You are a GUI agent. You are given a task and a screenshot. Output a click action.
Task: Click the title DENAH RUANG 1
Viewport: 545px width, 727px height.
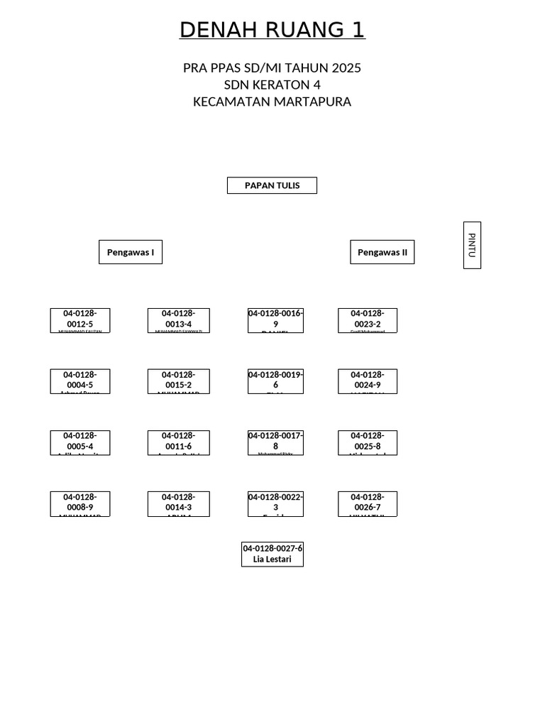(272, 30)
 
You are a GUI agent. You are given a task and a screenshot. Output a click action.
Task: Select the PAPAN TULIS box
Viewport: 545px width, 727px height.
(272, 185)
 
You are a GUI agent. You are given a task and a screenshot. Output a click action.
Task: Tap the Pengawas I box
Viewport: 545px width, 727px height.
(131, 252)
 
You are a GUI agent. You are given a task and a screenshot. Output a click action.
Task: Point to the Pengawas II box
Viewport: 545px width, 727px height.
(382, 252)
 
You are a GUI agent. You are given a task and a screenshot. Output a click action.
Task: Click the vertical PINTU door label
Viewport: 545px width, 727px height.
(472, 245)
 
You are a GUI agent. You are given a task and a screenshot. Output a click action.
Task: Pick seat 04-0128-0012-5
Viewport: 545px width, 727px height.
(80, 320)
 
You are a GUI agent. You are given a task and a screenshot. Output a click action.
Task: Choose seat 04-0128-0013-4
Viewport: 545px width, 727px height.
(179, 320)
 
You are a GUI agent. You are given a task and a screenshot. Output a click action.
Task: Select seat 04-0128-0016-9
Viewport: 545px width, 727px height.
(275, 320)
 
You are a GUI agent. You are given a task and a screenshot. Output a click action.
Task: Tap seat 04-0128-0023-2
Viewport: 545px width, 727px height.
(368, 320)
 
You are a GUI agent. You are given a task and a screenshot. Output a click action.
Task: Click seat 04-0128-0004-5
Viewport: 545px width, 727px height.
(80, 381)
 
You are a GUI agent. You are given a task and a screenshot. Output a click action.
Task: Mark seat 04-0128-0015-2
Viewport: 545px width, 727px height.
(179, 381)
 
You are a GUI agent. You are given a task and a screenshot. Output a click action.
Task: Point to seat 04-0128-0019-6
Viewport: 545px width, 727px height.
(275, 381)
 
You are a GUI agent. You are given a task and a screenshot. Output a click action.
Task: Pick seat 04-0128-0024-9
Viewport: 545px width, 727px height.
(368, 381)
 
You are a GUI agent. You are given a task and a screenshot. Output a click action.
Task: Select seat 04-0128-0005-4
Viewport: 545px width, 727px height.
(80, 442)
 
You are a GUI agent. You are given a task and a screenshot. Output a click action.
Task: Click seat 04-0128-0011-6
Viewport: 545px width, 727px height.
(179, 442)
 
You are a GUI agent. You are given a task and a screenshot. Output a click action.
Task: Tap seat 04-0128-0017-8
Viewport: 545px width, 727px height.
(275, 442)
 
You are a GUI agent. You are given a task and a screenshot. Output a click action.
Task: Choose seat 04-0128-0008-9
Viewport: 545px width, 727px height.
(80, 503)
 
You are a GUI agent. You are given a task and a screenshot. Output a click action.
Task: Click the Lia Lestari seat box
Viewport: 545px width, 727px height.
(272, 554)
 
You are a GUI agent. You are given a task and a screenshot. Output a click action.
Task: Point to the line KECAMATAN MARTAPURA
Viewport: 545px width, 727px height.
(272, 102)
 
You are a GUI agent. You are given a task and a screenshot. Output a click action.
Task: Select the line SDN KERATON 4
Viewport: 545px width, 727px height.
(272, 84)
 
